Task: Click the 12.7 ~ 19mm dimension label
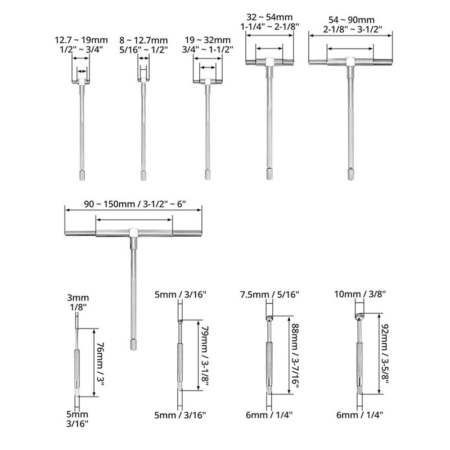pos(81,40)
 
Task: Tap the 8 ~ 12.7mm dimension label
pos(143,40)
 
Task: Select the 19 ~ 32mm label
pos(208,40)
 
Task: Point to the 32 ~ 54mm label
pos(270,17)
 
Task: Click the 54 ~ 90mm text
pos(352,20)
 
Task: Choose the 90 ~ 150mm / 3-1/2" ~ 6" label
pos(135,204)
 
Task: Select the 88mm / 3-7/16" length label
pos(295,356)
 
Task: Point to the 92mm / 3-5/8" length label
pos(385,354)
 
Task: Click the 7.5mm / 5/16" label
pos(269,294)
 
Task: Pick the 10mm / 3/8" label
pos(360,294)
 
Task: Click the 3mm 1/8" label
pos(78,303)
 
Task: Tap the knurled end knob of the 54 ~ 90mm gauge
pos(350,174)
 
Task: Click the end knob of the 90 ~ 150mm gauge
pos(133,344)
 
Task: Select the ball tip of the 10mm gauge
pos(358,317)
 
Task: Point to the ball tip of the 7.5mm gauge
pos(269,318)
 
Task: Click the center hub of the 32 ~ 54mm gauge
pos(269,62)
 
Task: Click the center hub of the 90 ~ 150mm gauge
pos(133,233)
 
